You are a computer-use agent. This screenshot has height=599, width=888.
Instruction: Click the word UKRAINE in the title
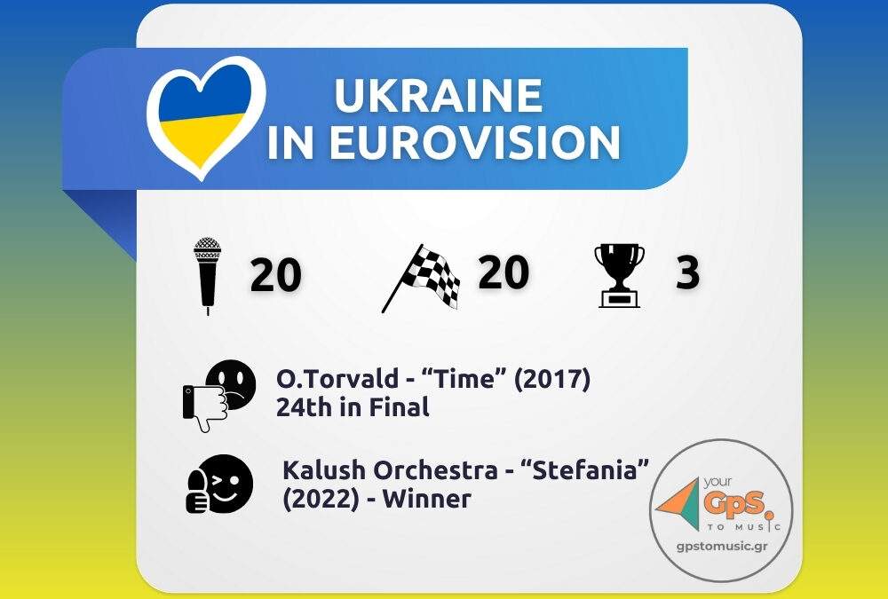pos(439,95)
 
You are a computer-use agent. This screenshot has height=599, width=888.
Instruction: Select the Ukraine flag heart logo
pos(206,117)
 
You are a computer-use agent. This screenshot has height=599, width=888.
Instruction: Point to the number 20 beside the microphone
pos(276,275)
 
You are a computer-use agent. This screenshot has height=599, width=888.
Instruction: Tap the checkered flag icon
pos(421,278)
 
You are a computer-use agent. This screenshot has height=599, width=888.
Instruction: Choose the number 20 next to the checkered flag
pos(503,272)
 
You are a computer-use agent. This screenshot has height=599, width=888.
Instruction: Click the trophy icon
pos(619,276)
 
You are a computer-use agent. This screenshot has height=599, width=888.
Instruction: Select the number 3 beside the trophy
pos(687,272)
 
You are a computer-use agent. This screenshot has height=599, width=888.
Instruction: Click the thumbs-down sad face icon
pos(219,396)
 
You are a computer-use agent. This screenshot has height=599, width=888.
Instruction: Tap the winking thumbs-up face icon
pos(219,484)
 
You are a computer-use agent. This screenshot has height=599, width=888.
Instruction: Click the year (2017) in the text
pos(552,379)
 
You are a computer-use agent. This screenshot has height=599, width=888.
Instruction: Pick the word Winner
pos(426,499)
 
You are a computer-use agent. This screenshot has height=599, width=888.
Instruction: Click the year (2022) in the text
pos(321,499)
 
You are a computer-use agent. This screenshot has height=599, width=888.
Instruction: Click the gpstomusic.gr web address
pos(722,546)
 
